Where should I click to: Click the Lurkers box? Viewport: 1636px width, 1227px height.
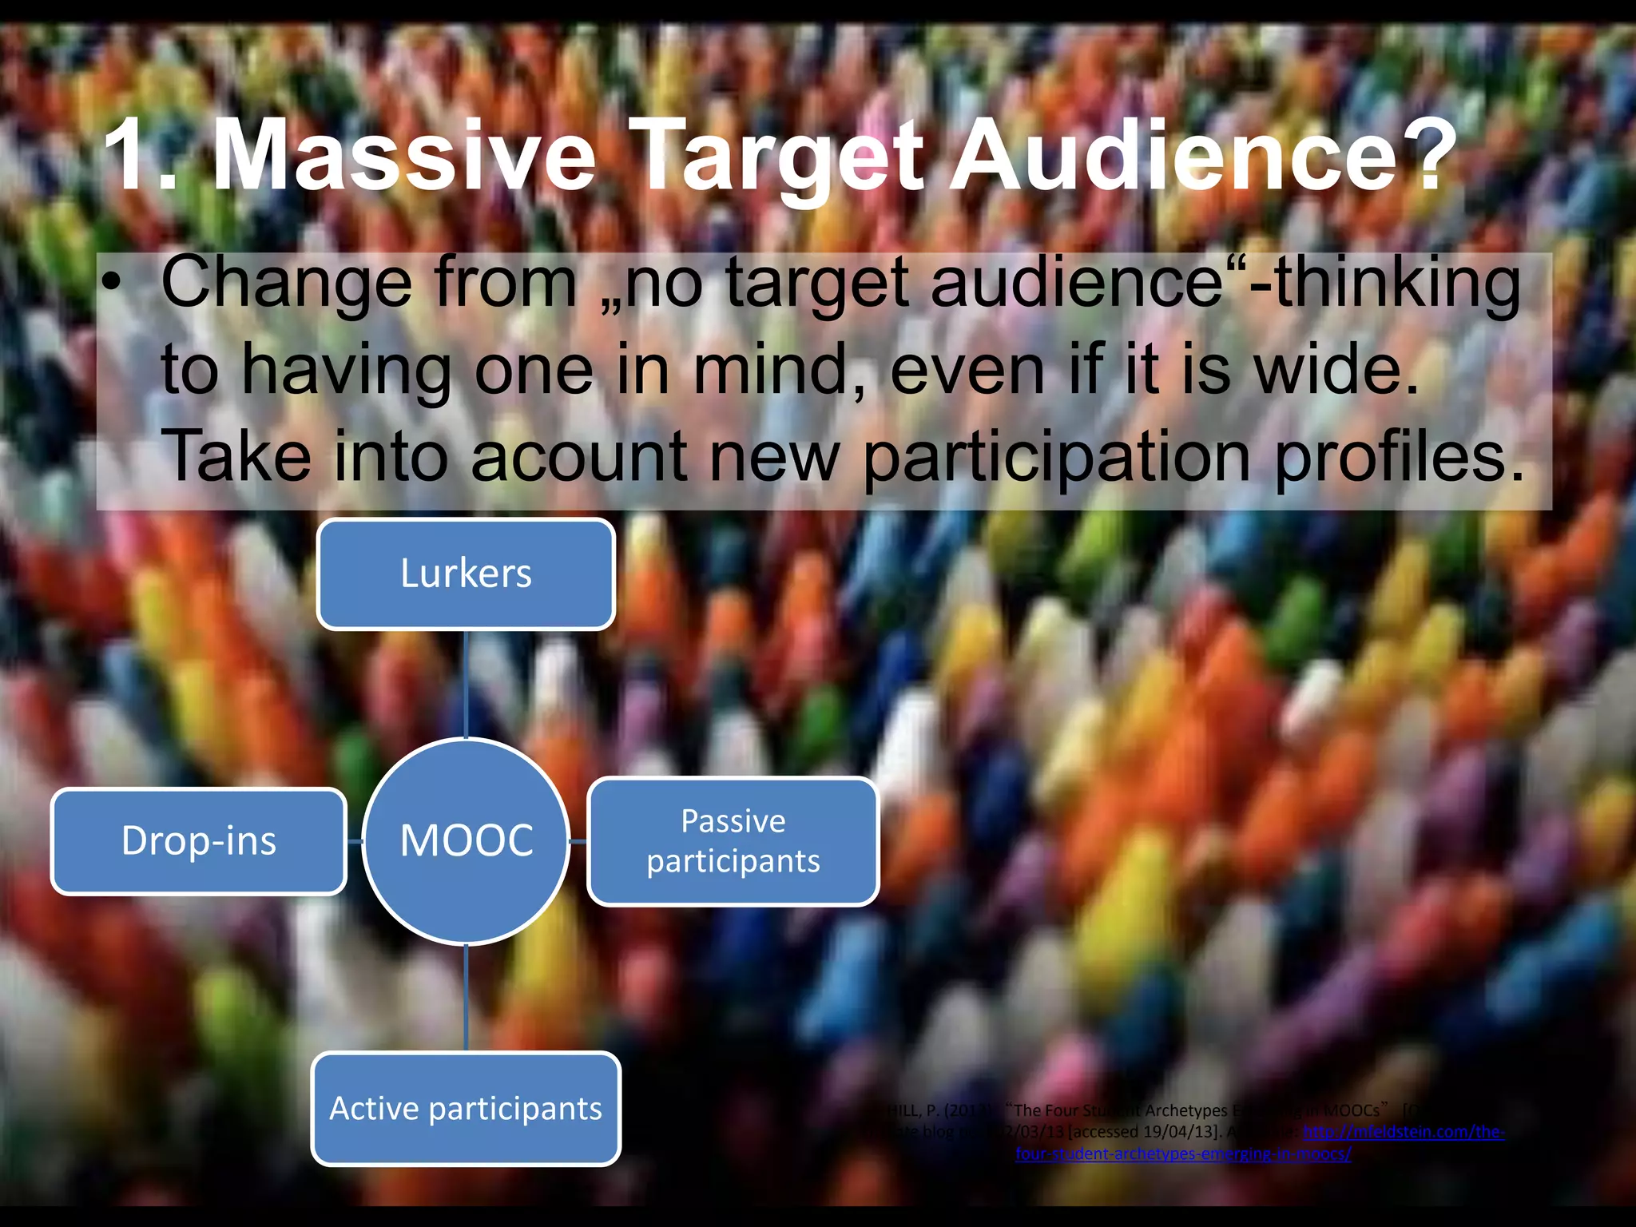(x=466, y=574)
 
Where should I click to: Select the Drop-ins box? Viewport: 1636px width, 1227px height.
(x=199, y=841)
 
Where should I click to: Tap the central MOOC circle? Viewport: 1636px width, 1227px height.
(x=467, y=841)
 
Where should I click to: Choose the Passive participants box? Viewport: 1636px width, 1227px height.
(x=733, y=841)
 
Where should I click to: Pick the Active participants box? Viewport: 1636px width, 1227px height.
(x=466, y=1109)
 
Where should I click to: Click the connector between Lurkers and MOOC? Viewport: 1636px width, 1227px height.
(x=466, y=683)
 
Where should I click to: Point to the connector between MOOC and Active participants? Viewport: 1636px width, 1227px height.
(x=467, y=999)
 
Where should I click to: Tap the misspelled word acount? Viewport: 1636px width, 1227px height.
(x=579, y=456)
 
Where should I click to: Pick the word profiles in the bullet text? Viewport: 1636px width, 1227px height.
(x=1398, y=458)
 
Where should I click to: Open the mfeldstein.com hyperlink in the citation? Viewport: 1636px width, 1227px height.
(x=1404, y=1132)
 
